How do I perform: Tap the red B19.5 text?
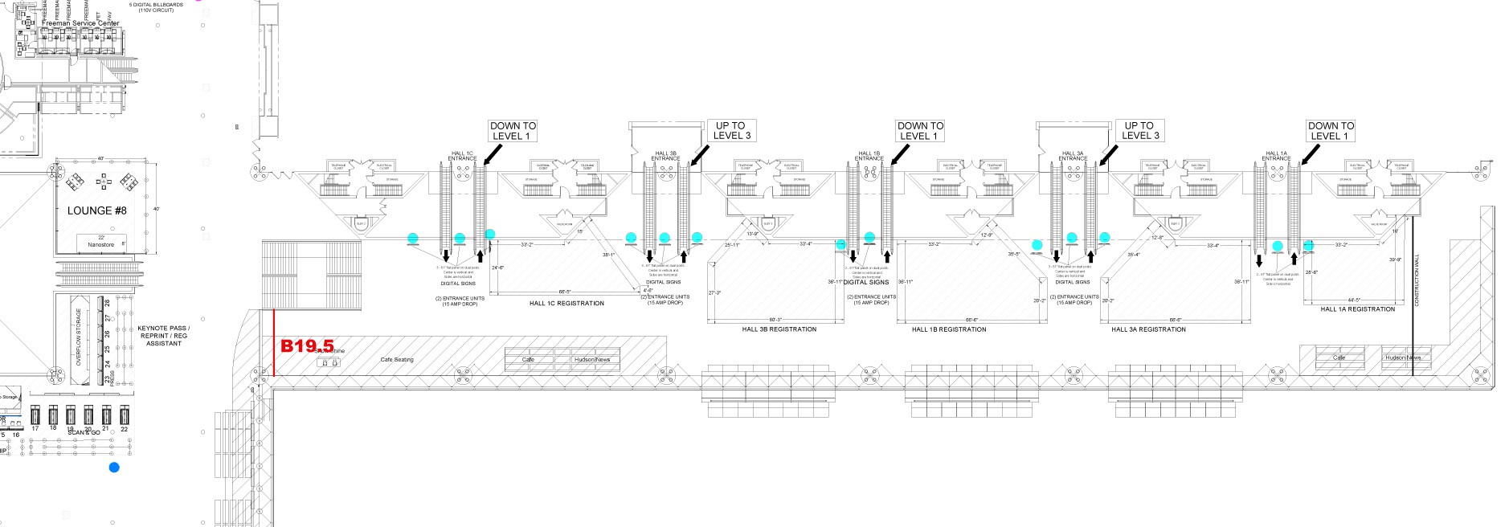click(307, 346)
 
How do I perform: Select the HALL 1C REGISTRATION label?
click(566, 304)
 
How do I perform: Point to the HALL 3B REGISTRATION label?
click(779, 329)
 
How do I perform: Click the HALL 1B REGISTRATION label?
click(949, 329)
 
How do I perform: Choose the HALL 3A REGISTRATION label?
click(1148, 329)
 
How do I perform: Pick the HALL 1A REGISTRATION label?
click(1358, 309)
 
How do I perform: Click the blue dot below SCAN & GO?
click(114, 467)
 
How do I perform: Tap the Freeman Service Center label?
click(80, 23)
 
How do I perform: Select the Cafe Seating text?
click(397, 360)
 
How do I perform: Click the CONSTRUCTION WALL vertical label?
click(1417, 280)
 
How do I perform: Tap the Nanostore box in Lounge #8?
click(101, 242)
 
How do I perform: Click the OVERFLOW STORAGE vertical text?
click(79, 337)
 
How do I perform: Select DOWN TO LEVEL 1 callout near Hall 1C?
click(513, 131)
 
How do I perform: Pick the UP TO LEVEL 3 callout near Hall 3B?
click(730, 131)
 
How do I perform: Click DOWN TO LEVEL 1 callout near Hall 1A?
click(1331, 131)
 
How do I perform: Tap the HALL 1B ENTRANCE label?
click(869, 156)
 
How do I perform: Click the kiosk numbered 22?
click(125, 416)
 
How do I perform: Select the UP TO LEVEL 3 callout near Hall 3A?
click(1139, 131)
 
